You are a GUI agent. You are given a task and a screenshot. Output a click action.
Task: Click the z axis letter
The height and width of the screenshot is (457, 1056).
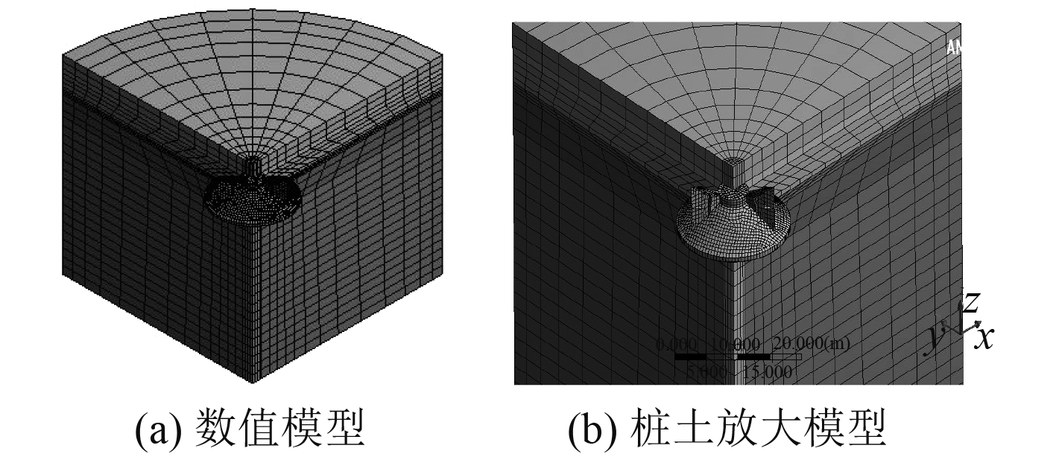(970, 301)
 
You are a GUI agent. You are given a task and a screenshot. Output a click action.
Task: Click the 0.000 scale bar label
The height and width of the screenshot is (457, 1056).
(676, 344)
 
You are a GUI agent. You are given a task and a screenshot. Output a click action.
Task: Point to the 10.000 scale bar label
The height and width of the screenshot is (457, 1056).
(737, 344)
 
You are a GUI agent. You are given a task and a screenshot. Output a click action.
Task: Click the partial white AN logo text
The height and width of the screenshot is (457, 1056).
(954, 48)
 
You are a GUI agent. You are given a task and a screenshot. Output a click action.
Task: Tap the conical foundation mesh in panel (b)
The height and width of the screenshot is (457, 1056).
(730, 231)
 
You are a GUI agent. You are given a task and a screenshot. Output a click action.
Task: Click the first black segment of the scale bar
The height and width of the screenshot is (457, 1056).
(690, 357)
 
